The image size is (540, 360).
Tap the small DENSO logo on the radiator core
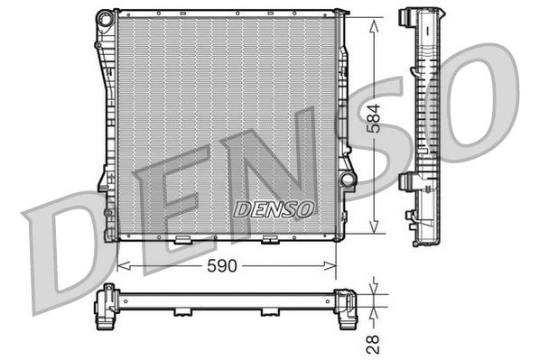click(275, 208)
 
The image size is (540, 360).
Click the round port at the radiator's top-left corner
click(101, 16)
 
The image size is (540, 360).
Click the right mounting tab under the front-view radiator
click(269, 240)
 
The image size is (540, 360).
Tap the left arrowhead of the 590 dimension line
click(122, 266)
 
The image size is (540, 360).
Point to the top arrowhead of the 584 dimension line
click(374, 18)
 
